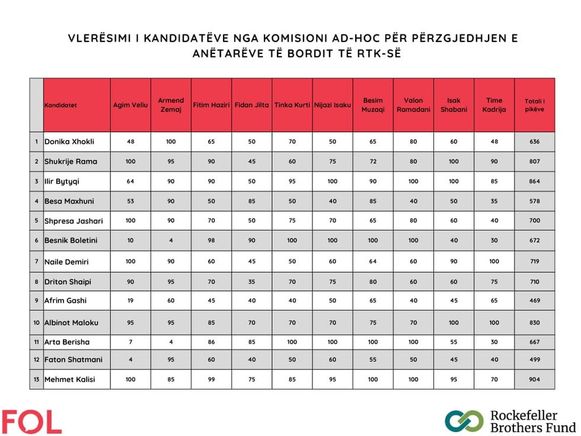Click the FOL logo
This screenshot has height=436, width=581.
point(31,422)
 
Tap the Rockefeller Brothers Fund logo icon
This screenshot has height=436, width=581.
point(464,421)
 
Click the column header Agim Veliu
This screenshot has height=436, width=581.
point(130,105)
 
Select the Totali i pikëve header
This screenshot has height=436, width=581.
point(534,105)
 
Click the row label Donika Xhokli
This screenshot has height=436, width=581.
point(69,142)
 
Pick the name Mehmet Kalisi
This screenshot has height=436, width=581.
point(69,379)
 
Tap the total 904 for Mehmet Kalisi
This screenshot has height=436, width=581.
point(534,379)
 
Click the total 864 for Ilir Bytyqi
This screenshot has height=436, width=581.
point(534,182)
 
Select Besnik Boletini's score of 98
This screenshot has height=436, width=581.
point(211,240)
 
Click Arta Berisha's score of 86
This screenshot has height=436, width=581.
point(211,342)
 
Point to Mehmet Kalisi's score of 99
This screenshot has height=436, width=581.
point(211,379)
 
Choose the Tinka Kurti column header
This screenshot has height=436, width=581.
point(292,105)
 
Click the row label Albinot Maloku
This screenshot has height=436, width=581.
point(71,323)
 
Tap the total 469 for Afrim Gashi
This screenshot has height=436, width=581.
point(534,301)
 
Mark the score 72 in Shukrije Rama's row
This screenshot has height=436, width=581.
point(373,161)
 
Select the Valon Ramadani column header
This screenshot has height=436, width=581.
point(413,105)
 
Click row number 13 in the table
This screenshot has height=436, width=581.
point(37,379)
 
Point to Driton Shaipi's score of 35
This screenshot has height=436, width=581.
point(251,281)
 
